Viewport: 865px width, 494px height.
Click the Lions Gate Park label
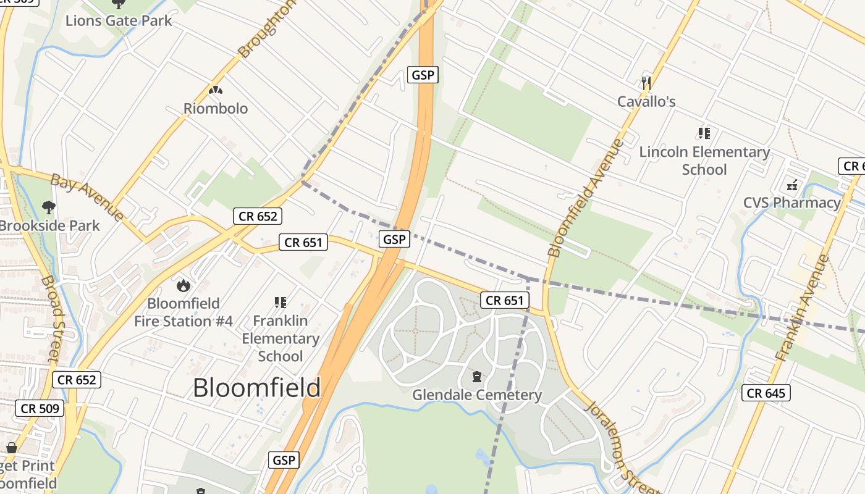[x=119, y=20]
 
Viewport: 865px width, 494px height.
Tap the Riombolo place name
[x=216, y=109]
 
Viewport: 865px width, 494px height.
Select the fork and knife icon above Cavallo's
[x=646, y=83]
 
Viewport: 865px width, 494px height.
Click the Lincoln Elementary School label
[x=704, y=161]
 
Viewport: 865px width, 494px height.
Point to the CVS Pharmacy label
[x=791, y=203]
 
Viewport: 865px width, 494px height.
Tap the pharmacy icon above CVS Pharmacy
[x=792, y=185]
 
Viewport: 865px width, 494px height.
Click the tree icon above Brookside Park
[x=48, y=207]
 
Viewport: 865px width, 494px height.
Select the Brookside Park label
[x=49, y=225]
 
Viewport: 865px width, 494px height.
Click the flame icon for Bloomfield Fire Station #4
[x=183, y=285]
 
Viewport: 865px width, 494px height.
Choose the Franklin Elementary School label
[x=281, y=338]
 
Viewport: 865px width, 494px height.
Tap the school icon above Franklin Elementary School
[x=281, y=303]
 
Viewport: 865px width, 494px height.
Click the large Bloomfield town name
[x=256, y=388]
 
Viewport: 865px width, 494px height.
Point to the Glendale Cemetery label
[x=477, y=395]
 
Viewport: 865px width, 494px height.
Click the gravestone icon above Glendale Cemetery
[x=477, y=377]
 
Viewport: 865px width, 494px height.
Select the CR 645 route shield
[x=766, y=393]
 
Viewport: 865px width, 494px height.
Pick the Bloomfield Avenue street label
[x=586, y=198]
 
